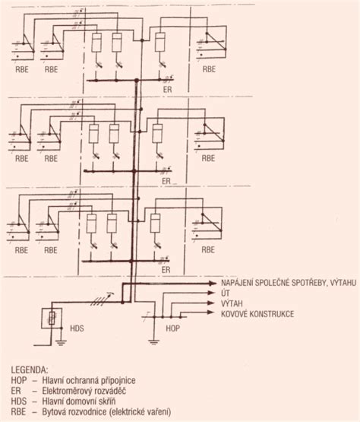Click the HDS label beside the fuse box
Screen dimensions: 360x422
(x=77, y=328)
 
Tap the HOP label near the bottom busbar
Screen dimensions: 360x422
(x=172, y=328)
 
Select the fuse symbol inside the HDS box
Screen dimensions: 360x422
(x=52, y=318)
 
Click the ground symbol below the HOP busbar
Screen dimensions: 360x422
(x=153, y=342)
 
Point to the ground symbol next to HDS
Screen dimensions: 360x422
(x=61, y=342)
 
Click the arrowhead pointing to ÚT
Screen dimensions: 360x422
(x=211, y=293)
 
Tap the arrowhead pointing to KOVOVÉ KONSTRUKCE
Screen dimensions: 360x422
(x=211, y=313)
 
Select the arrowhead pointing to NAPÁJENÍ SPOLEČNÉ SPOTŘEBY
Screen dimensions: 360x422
(x=213, y=283)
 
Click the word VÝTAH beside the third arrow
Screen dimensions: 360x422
(x=232, y=303)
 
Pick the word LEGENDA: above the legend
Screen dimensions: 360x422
(x=30, y=370)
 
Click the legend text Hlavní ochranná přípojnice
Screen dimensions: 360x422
(x=89, y=380)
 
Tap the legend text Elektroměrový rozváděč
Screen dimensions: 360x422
(x=84, y=391)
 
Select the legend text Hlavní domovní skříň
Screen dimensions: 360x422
(x=79, y=401)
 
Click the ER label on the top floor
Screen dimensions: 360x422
(x=167, y=90)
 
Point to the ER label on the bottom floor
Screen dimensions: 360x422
(x=166, y=270)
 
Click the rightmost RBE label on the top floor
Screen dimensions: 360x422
(x=209, y=69)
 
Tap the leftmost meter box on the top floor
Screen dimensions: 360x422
(x=96, y=43)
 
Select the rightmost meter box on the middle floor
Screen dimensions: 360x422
(x=157, y=133)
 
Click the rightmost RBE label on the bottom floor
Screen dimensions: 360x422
(x=208, y=249)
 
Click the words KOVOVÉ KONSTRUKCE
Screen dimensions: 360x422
(x=257, y=314)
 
